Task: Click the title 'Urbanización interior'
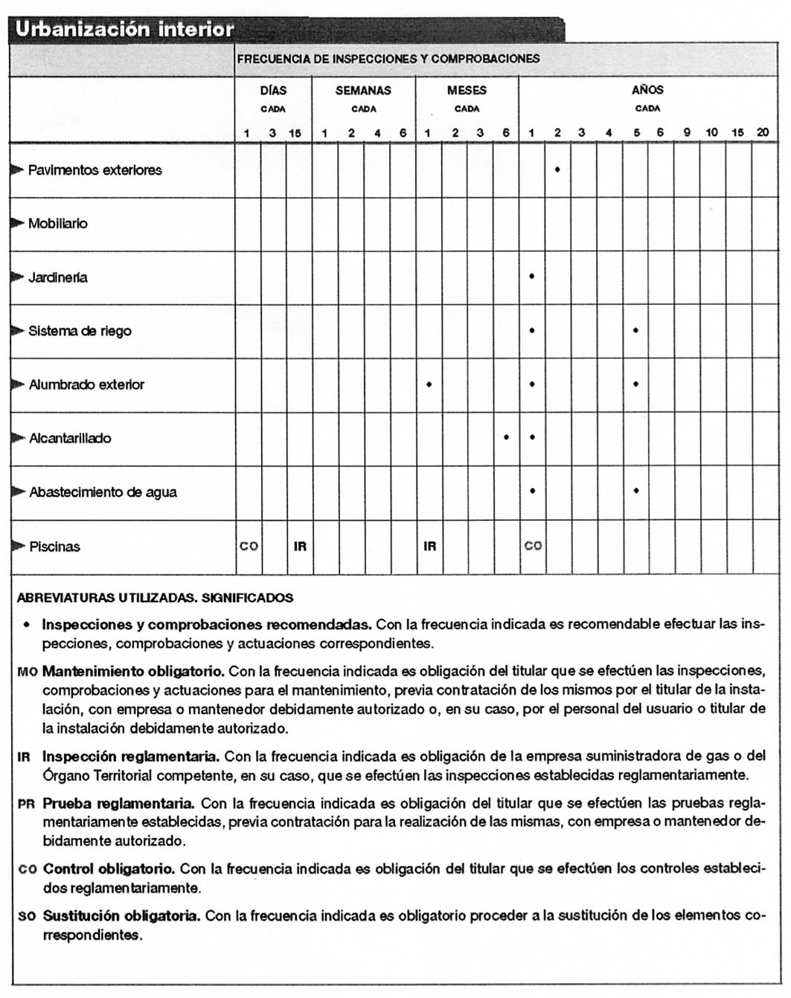coord(124,30)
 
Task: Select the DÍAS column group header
coord(273,91)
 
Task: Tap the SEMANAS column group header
coord(363,91)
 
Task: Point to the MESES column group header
coord(467,91)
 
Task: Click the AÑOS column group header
coord(647,90)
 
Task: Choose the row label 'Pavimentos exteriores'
coord(95,170)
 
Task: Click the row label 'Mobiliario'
coord(57,224)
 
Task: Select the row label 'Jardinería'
coord(57,278)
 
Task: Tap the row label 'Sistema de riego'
coord(80,332)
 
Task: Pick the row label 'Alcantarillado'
coord(70,439)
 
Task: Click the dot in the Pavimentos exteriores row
coord(557,170)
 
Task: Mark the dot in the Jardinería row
coord(531,277)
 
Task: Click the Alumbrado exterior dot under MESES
coord(429,384)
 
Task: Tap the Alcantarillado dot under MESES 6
coord(506,437)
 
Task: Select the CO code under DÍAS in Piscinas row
coord(249,547)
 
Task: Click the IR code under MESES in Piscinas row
coord(429,547)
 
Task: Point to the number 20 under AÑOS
coord(763,132)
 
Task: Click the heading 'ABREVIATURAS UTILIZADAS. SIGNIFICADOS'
coord(155,598)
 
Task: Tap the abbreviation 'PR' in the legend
coord(25,805)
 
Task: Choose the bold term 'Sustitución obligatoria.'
coord(121,916)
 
